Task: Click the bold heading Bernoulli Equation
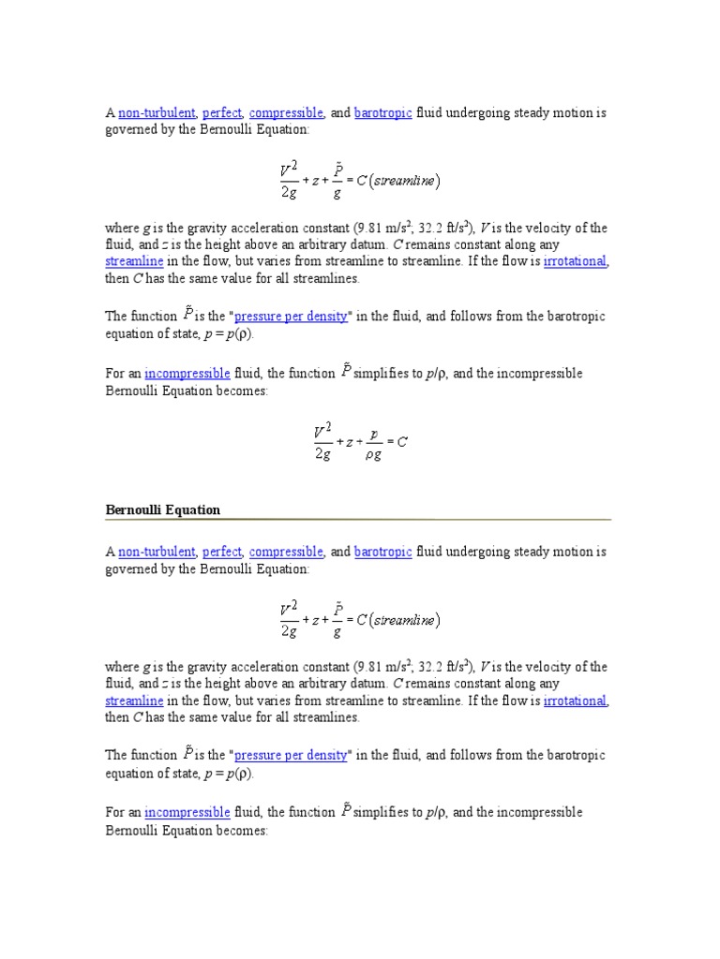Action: point(162,510)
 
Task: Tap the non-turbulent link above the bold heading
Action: point(157,113)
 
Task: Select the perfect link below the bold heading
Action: point(222,553)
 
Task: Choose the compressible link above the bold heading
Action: point(286,113)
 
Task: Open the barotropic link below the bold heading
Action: point(382,553)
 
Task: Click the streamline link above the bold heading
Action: point(134,261)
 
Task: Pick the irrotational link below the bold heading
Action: point(576,701)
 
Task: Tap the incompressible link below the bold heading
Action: point(187,812)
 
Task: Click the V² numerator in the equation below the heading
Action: point(289,609)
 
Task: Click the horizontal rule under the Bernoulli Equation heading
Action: point(357,519)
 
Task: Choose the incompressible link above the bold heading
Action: point(187,374)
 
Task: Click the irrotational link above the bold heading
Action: point(576,261)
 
